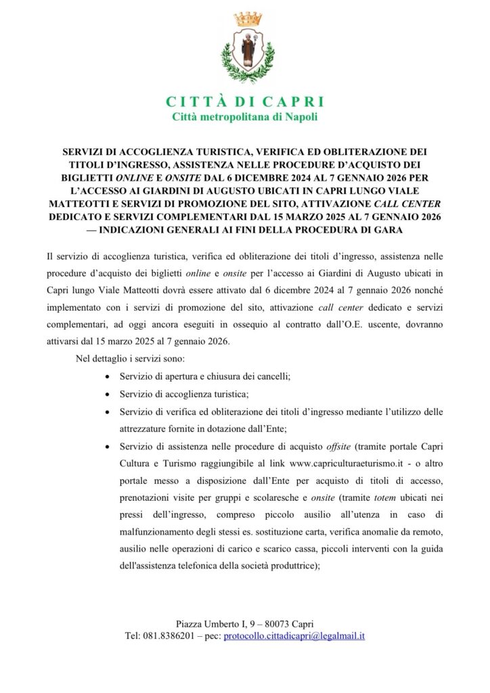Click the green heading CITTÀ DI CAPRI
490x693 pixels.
(x=245, y=102)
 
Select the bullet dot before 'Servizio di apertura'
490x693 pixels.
(x=110, y=376)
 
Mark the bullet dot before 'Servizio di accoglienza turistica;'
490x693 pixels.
(x=110, y=394)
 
